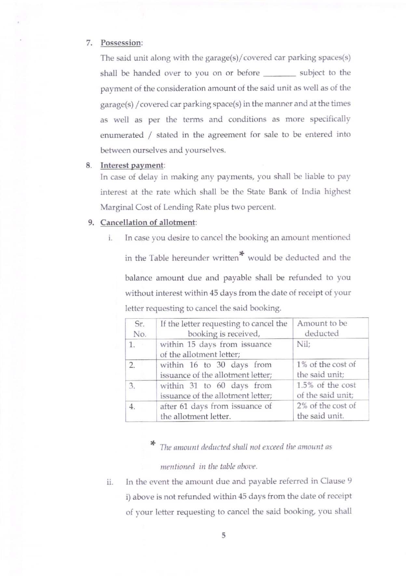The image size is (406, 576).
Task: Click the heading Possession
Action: (x=121, y=43)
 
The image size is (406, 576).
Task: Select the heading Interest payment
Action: (x=131, y=165)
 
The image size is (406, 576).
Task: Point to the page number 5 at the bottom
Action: (x=223, y=535)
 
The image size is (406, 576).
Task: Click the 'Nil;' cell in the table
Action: (x=304, y=344)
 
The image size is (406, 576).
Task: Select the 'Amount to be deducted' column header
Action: (x=322, y=328)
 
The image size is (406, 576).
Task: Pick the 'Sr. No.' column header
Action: (x=140, y=329)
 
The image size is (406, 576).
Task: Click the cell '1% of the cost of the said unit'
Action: (x=326, y=369)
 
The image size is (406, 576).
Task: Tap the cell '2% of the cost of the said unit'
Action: (x=326, y=411)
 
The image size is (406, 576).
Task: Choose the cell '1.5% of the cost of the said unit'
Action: (x=326, y=390)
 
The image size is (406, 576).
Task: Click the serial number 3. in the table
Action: (x=132, y=386)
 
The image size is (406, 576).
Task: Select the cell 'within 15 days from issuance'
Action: (x=215, y=349)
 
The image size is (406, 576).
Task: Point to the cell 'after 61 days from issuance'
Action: (x=215, y=411)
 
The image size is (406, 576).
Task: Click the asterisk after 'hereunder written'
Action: (x=241, y=254)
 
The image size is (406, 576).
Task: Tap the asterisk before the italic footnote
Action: (x=152, y=443)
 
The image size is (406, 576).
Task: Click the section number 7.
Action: (x=89, y=43)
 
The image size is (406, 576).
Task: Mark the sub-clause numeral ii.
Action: (x=110, y=482)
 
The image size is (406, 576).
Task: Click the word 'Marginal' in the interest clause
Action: (x=115, y=207)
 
